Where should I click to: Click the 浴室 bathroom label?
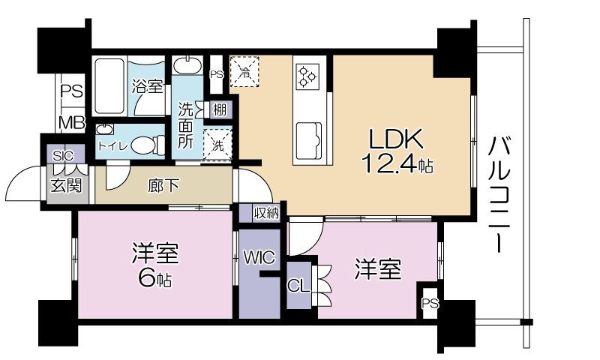click(x=147, y=86)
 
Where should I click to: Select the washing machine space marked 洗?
click(x=216, y=144)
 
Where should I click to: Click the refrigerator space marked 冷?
click(x=244, y=72)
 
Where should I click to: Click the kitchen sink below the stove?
click(x=308, y=139)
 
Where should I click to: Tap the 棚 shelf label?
click(x=219, y=110)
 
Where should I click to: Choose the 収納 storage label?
click(x=266, y=213)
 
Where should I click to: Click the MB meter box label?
click(x=72, y=122)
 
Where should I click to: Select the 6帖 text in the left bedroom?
click(x=157, y=280)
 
